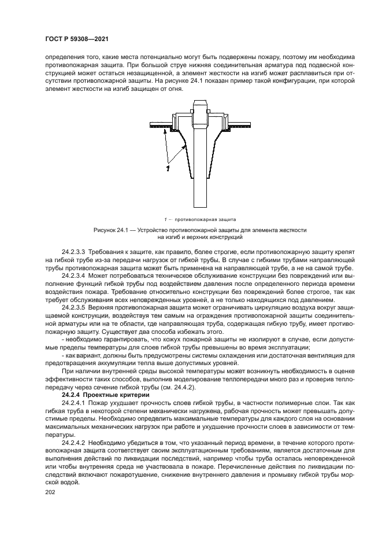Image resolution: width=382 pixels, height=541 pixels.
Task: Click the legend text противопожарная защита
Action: (x=202, y=220)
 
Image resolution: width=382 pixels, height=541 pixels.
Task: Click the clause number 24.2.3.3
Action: (x=73, y=253)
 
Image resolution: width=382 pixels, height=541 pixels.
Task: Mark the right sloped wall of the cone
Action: (x=222, y=153)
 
